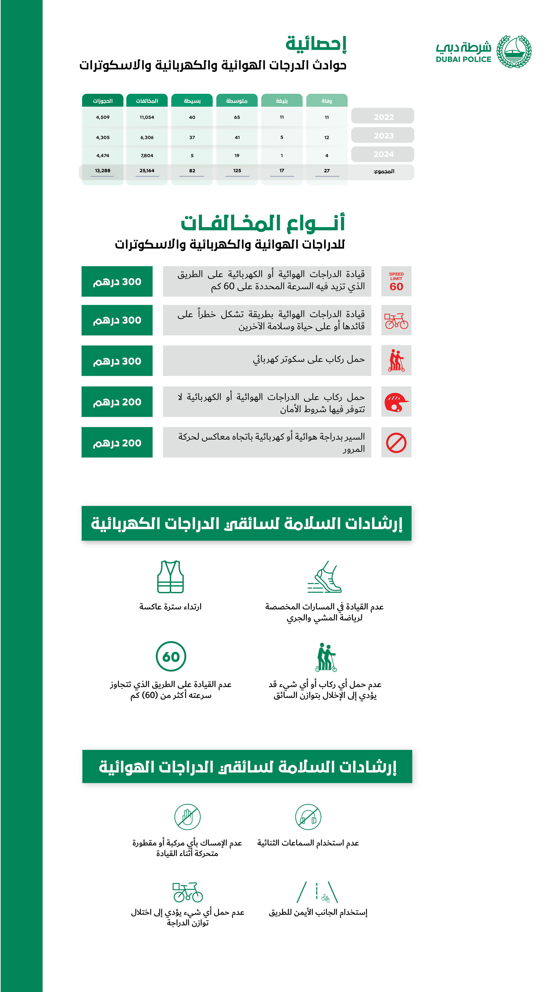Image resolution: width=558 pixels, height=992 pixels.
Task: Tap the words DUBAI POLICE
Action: [x=463, y=59]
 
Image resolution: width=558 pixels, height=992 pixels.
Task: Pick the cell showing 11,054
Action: [x=147, y=117]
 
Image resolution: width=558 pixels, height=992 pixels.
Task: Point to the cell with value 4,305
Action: [x=103, y=137]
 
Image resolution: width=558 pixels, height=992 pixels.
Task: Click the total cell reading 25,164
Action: [x=147, y=171]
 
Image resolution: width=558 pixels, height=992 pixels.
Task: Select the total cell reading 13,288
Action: [x=103, y=171]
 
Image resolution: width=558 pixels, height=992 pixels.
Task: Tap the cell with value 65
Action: [x=237, y=117]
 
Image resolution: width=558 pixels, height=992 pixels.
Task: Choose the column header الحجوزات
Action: [x=103, y=101]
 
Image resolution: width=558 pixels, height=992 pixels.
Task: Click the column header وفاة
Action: [x=326, y=101]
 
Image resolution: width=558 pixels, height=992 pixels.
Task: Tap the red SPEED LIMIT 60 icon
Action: [x=396, y=281]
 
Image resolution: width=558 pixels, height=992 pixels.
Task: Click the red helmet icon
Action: [x=396, y=402]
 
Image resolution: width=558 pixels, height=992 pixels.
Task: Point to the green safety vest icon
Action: [x=170, y=577]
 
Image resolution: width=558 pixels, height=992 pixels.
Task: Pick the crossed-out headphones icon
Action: [x=308, y=817]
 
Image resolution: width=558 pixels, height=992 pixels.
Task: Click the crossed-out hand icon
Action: [x=187, y=817]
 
